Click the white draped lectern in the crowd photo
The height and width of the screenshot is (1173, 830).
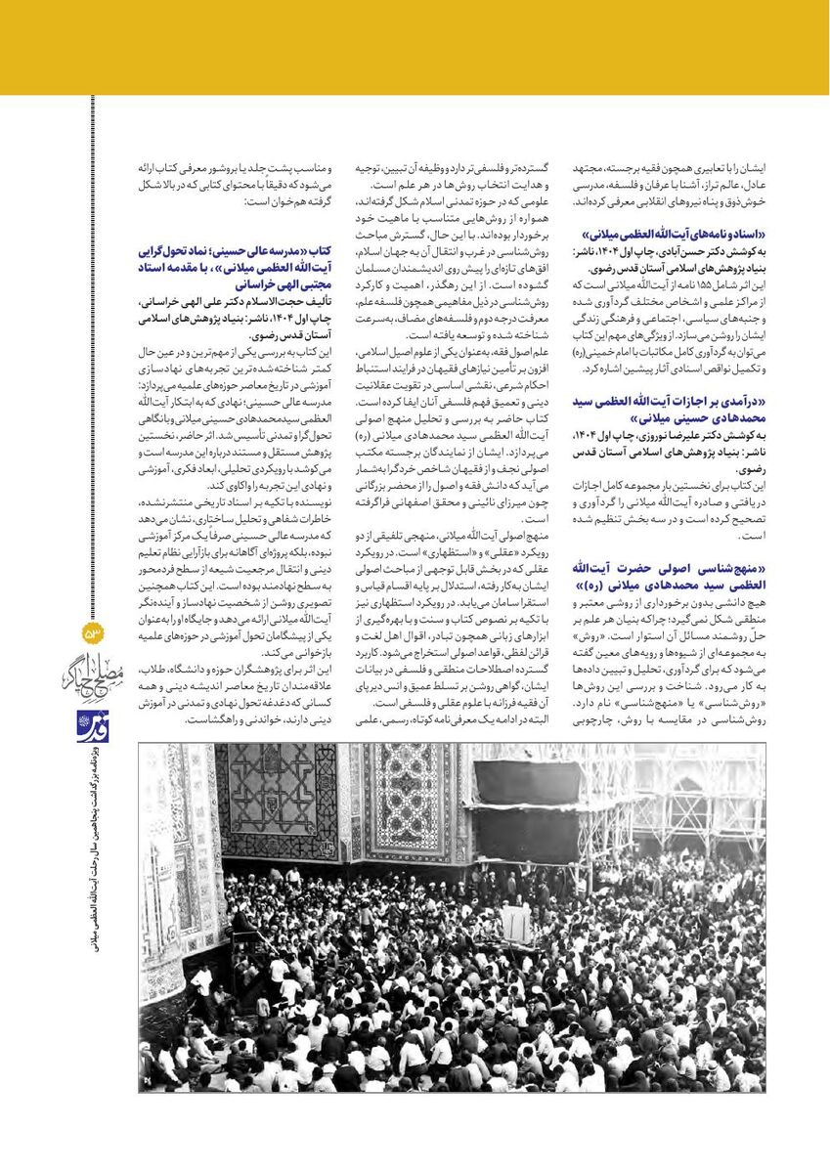(515, 923)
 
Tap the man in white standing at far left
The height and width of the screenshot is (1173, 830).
(202, 983)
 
